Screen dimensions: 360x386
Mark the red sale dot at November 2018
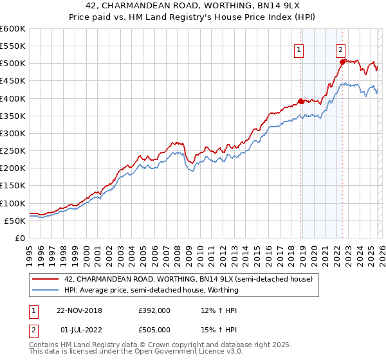[x=300, y=101]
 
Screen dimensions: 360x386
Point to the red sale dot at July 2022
[x=342, y=62]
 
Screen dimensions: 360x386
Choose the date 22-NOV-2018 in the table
[x=80, y=310]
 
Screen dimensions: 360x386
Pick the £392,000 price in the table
[x=154, y=310]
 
